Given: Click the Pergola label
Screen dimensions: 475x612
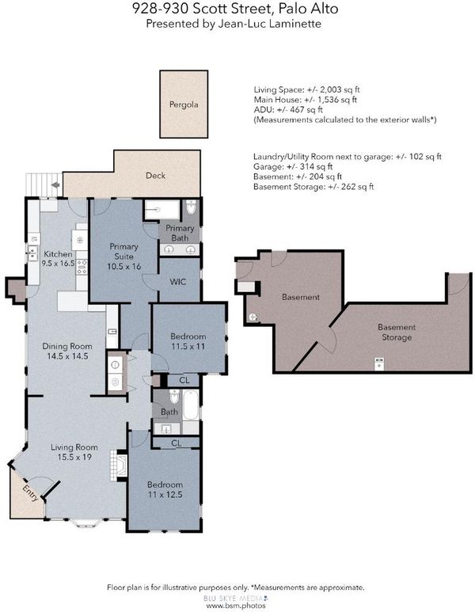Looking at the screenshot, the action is pos(184,105).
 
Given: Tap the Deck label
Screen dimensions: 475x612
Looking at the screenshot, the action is pos(155,176).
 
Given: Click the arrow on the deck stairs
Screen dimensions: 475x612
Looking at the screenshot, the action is pos(56,184).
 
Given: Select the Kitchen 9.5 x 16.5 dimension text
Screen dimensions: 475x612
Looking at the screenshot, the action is pos(58,263).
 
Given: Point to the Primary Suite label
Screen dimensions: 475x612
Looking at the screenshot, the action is pos(123,251).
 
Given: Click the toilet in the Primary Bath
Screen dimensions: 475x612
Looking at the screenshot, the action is pos(191,207).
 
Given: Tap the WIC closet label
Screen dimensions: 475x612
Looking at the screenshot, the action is pos(178,282).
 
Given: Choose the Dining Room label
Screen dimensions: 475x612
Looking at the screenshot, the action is pos(67,346).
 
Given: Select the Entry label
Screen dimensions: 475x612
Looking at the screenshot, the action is pos(30,493).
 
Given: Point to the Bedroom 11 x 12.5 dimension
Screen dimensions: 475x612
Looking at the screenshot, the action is pos(165,495).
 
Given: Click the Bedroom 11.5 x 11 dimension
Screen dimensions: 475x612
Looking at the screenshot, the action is pos(188,346).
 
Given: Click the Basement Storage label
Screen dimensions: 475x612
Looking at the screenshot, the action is pos(397,333).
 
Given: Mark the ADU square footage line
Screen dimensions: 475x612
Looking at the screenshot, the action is pos(288,110).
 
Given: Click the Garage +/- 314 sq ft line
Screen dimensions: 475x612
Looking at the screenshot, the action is pos(293,167).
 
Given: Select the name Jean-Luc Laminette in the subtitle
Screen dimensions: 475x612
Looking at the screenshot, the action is pos(269,24).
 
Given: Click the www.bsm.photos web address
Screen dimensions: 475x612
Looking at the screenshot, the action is pos(236,606).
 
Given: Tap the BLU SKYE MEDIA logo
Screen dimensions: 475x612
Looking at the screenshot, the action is pos(235,598).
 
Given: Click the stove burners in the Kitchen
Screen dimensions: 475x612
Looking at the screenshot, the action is pos(82,267).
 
